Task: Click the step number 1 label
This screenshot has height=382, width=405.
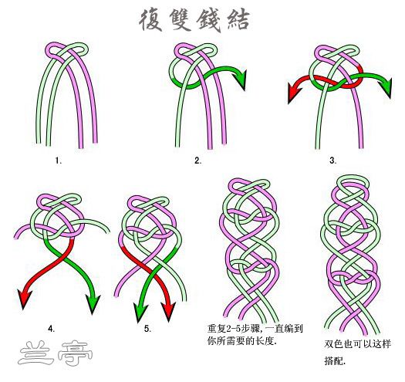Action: (59, 161)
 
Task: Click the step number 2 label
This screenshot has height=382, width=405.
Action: (197, 161)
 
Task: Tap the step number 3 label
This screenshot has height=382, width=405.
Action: (333, 161)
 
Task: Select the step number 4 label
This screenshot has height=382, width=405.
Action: (51, 329)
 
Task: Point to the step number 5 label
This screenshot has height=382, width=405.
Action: (147, 329)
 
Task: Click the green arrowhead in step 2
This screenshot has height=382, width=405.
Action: (240, 79)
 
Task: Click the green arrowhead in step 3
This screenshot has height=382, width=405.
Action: (387, 88)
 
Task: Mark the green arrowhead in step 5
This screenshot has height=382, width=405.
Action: (140, 313)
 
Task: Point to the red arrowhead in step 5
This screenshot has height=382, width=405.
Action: (168, 312)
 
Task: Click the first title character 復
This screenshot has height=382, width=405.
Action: (151, 20)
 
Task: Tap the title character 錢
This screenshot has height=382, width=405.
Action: (209, 21)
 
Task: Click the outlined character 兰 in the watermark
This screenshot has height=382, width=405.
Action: (35, 353)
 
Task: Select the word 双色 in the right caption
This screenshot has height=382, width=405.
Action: (333, 344)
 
